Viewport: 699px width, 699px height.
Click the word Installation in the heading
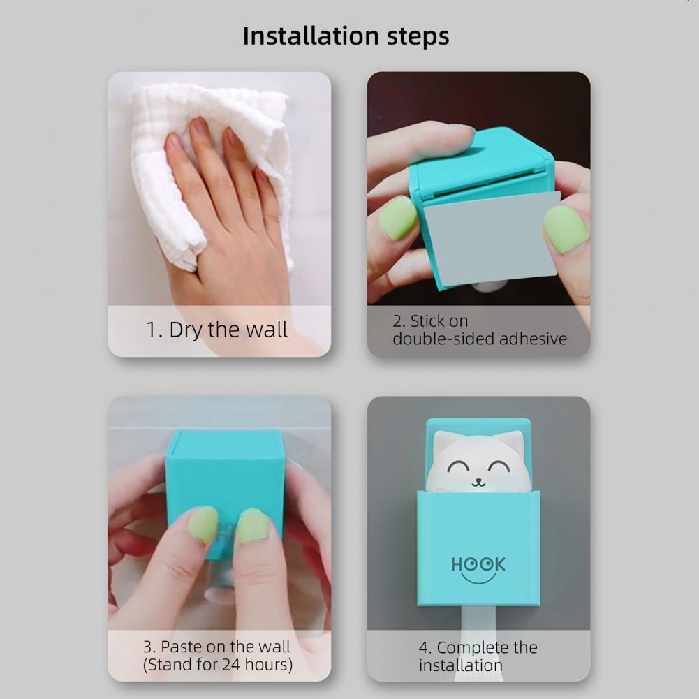point(311,36)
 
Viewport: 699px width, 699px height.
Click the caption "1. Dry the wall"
point(217,330)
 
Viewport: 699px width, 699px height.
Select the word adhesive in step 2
point(534,339)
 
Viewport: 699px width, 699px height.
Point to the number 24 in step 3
point(231,665)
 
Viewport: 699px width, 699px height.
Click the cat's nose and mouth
point(478,483)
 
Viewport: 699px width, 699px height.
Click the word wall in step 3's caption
point(276,647)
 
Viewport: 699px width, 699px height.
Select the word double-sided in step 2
point(443,339)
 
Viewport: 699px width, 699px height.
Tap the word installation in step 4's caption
point(460,665)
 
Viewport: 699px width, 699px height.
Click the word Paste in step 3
point(178,647)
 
